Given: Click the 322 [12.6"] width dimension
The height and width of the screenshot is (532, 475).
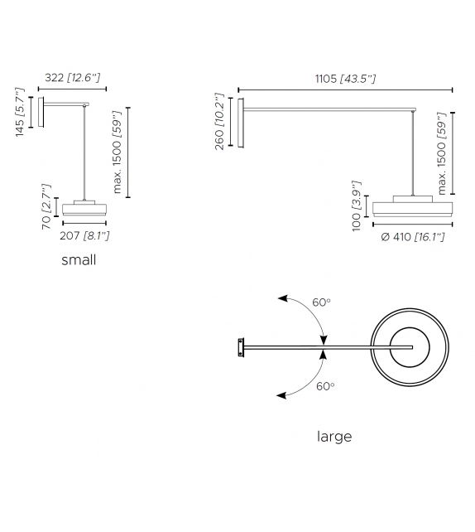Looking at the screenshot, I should point(71,78).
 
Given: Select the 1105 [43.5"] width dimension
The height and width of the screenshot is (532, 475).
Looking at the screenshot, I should point(346,79).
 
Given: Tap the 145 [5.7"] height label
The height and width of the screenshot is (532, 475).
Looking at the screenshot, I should point(22,114).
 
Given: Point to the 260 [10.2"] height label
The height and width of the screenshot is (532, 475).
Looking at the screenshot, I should point(219,123).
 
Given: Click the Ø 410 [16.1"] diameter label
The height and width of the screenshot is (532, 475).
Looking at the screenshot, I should point(412,237).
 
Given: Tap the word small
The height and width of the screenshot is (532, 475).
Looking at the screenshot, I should point(79,260).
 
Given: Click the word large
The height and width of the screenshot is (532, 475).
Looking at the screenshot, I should point(334,437).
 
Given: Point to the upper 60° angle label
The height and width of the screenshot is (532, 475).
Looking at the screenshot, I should point(322,303).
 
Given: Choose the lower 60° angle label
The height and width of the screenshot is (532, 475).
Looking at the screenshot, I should point(325,386).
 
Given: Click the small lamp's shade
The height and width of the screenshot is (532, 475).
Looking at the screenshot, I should point(85,207).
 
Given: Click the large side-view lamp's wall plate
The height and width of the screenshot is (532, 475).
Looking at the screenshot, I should point(241,123).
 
